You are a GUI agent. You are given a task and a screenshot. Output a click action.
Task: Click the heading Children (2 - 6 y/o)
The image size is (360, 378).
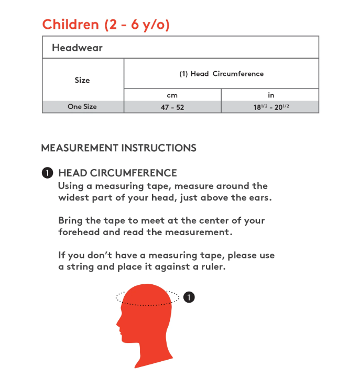[106, 25]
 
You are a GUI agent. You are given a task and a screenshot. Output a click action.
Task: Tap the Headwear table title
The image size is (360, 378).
[77, 48]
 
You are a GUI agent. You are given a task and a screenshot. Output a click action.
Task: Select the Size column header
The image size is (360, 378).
[82, 80]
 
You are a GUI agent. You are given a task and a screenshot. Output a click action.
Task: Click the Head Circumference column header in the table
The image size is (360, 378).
[221, 74]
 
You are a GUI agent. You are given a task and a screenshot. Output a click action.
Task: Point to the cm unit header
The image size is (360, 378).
[172, 95]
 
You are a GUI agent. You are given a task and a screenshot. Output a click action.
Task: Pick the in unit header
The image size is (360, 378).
[271, 95]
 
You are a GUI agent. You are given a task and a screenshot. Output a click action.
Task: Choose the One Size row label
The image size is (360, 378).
[82, 107]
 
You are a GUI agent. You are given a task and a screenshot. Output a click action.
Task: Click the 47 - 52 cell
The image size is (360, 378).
[172, 107]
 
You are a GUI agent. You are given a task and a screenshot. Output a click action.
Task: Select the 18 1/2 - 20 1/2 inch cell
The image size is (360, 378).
[271, 107]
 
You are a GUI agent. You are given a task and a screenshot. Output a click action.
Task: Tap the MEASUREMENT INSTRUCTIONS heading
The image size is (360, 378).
[118, 148]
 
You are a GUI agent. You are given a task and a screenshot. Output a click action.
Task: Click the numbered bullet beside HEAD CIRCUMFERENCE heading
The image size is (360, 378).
[48, 173]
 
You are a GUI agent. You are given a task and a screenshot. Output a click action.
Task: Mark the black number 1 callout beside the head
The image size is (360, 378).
[189, 297]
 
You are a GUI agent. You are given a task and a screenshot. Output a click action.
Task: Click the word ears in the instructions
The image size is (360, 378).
[261, 198]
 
